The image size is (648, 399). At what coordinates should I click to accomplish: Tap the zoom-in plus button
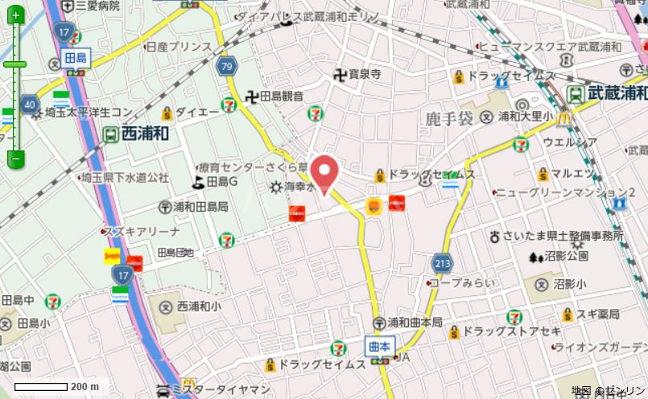coord(15,16)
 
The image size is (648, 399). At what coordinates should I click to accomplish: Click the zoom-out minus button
coord(15,159)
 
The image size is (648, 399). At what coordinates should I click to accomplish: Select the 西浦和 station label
coord(145,134)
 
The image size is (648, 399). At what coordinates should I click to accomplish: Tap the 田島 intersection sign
coord(75,58)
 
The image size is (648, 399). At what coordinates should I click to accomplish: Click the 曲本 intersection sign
coord(379,347)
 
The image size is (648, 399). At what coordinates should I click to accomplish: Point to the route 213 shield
coord(441,262)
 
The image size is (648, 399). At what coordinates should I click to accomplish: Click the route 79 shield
coord(228,67)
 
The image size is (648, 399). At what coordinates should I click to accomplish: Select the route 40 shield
coord(30,104)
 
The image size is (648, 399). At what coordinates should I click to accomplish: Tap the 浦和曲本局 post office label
coord(415,322)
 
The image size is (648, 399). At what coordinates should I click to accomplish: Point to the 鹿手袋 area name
coord(448,121)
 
